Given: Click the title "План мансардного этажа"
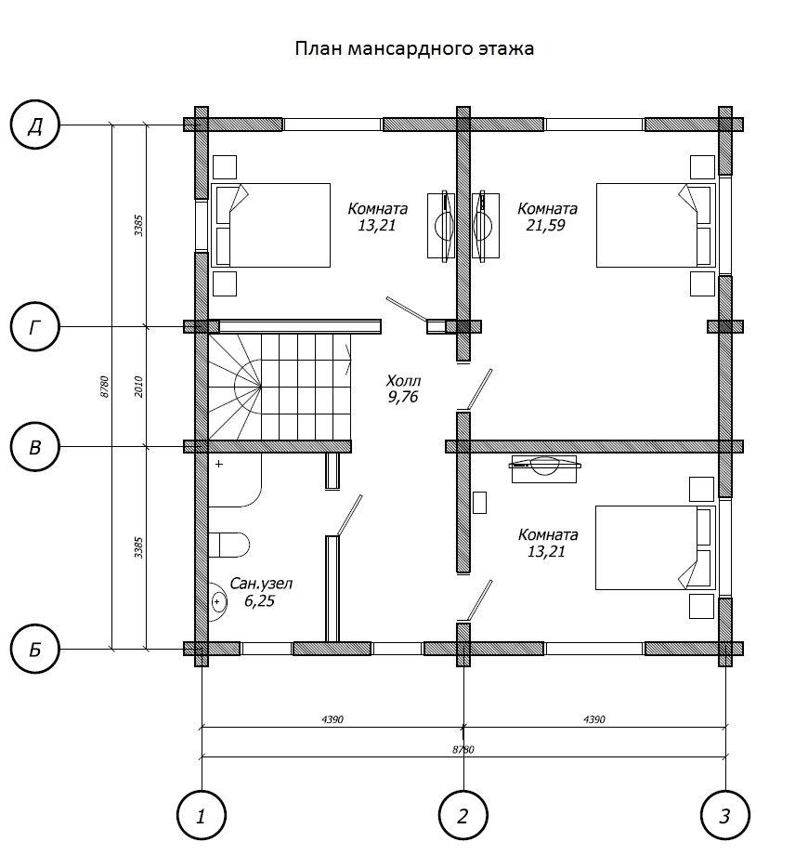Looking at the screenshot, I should [414, 48].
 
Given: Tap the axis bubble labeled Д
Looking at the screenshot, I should [35, 125].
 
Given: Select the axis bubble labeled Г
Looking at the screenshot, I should [35, 327].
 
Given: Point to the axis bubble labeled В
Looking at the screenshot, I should [35, 447].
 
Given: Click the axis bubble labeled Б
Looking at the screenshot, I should [35, 649].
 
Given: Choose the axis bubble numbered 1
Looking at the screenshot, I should [202, 816].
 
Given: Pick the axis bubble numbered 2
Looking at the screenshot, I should [463, 816].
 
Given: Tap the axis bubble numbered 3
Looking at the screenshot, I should [725, 816].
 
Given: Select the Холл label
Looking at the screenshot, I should [403, 381].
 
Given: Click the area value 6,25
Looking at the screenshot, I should [260, 601].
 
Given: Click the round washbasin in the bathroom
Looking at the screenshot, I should [217, 601].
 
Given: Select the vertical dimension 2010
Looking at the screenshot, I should [138, 387].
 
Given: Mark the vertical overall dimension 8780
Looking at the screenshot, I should [104, 387].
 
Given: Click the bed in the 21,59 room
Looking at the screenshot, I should [655, 225].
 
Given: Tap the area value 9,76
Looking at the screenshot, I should [403, 397].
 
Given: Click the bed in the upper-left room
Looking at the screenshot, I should [271, 225].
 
